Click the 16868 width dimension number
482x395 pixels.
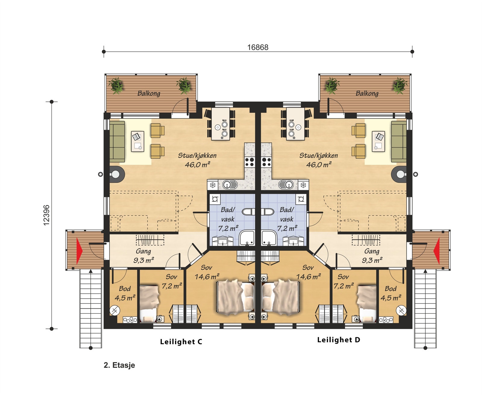tap(258, 47)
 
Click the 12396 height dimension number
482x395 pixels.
tap(46, 215)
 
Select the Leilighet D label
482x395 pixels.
tap(339, 340)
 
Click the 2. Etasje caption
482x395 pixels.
tap(119, 365)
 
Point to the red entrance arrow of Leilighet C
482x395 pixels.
tap(79, 251)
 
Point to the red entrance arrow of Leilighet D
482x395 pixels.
tap(437, 251)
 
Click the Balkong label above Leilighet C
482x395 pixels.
tap(149, 93)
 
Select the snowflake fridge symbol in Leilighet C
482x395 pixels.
tap(213, 185)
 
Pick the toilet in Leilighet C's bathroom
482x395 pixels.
tap(249, 212)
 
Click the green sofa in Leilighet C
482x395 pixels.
tap(117, 142)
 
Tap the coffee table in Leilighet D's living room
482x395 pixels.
tap(378, 142)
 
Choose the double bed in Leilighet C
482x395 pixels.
tap(236, 296)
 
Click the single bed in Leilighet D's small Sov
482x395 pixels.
tap(367, 303)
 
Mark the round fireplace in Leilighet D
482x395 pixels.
tap(399, 174)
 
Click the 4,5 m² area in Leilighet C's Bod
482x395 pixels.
tap(125, 298)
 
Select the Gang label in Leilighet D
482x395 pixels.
tap(372, 251)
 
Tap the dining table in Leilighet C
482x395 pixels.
tap(221, 124)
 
